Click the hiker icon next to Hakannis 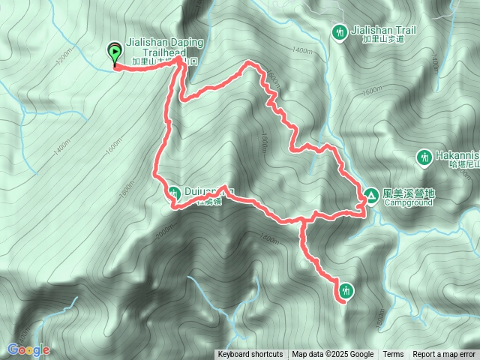(x=422, y=157)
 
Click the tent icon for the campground (x=370, y=196)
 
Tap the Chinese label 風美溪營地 (x=409, y=193)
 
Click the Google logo (x=28, y=349)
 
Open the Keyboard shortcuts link (x=250, y=355)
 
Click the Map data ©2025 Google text (x=333, y=355)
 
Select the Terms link (x=393, y=355)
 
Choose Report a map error (x=444, y=355)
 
